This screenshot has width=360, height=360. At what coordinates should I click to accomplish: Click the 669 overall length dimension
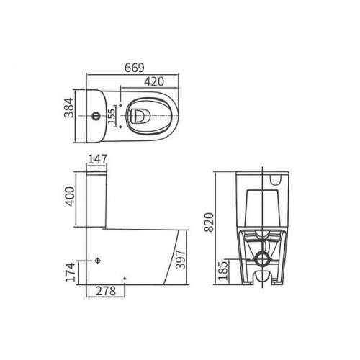click(x=135, y=68)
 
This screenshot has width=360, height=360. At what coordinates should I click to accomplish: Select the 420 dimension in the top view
click(x=154, y=81)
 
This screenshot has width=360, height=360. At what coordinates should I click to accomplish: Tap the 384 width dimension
click(x=69, y=107)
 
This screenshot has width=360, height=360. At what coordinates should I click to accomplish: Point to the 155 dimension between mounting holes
click(x=112, y=116)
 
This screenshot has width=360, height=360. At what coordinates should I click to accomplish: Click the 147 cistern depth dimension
click(x=97, y=159)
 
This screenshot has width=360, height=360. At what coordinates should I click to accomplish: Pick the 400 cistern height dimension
click(x=71, y=197)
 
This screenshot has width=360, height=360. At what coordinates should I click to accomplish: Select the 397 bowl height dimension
click(x=181, y=259)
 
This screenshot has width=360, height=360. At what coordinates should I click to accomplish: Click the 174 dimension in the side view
click(x=71, y=272)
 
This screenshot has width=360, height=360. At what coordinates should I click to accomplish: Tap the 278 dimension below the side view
click(x=106, y=291)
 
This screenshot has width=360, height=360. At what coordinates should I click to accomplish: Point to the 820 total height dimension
click(x=209, y=222)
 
